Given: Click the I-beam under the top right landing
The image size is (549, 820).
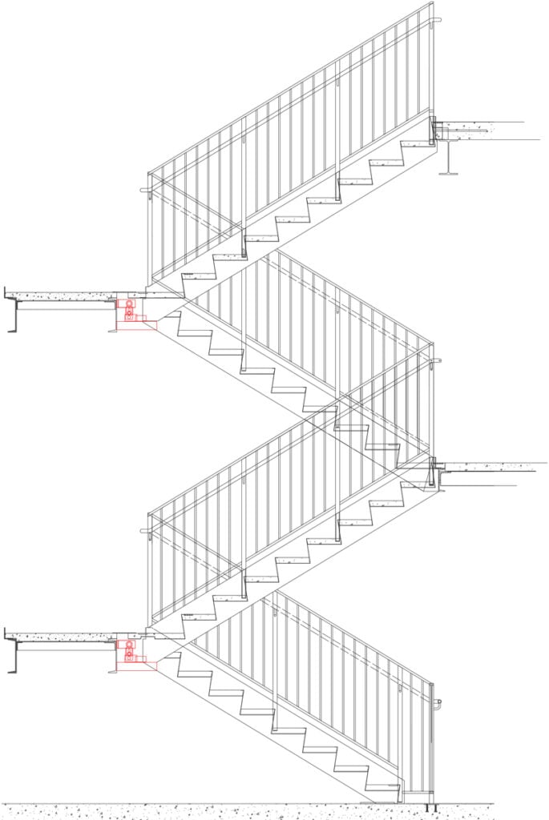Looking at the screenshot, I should pos(448,158).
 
